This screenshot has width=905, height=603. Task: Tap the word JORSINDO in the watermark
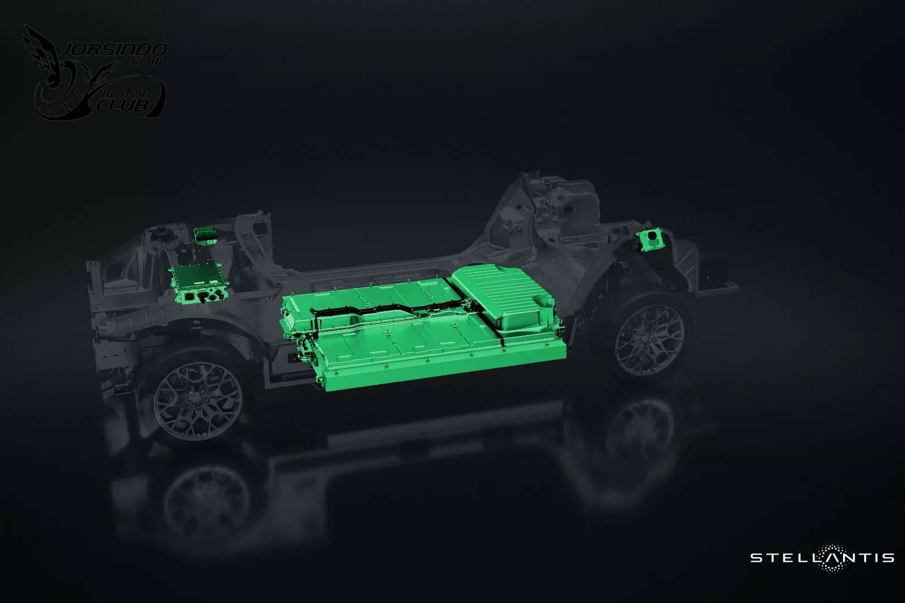115,50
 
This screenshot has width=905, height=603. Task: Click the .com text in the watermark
145,62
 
